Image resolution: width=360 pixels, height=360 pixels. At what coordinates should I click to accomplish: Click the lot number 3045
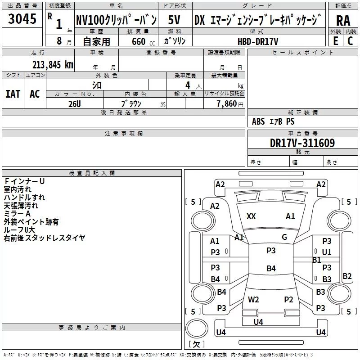[22, 20]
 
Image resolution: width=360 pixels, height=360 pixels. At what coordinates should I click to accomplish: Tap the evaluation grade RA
[343, 21]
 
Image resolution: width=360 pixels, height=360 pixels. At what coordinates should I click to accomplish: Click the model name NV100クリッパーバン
[117, 20]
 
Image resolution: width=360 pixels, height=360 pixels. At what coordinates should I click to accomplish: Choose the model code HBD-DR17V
[257, 40]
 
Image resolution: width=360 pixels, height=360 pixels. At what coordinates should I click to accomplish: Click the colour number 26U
[75, 103]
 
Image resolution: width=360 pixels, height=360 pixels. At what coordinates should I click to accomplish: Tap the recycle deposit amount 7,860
[227, 104]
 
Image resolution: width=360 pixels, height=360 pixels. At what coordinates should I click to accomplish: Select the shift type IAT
[13, 94]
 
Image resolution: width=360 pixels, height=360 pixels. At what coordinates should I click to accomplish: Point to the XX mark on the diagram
[252, 216]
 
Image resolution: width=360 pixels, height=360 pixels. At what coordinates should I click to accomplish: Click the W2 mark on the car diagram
[253, 299]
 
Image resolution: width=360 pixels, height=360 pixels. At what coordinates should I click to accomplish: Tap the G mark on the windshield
[284, 237]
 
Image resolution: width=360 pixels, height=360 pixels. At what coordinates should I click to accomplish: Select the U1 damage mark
[327, 252]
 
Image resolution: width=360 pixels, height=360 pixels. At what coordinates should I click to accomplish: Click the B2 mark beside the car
[347, 276]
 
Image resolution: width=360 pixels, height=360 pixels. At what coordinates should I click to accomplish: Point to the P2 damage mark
[288, 299]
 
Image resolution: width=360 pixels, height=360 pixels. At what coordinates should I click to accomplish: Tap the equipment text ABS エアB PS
[273, 121]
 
